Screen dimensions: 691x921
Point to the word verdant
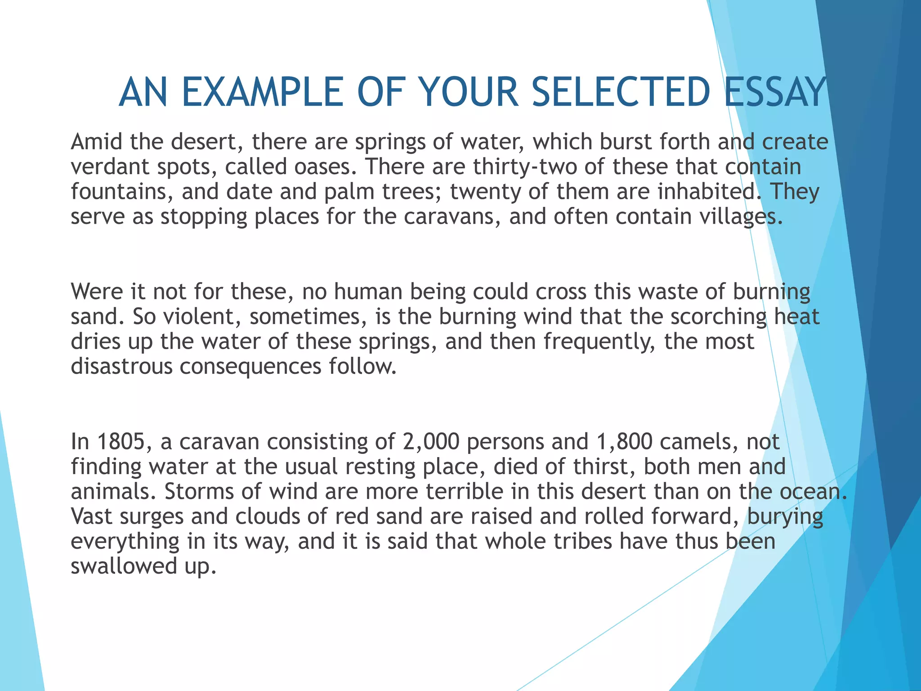(x=110, y=167)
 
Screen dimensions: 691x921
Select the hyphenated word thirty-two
(x=525, y=167)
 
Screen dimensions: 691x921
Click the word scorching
(x=718, y=317)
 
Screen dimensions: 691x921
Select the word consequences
(x=250, y=367)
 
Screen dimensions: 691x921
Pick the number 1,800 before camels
(x=624, y=442)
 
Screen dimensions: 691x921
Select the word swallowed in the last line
(x=124, y=566)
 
